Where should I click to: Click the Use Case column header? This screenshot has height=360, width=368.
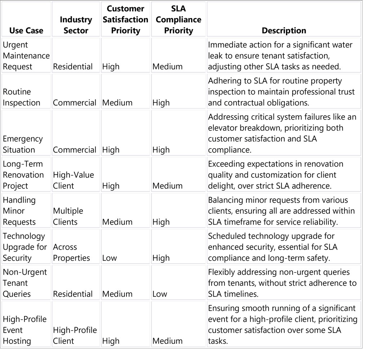click(x=26, y=31)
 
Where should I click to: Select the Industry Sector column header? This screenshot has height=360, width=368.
click(x=76, y=25)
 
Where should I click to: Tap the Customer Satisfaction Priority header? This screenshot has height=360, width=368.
click(x=125, y=19)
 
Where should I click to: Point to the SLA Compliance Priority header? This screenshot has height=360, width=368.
click(x=178, y=19)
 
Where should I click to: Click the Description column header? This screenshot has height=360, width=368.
click(x=284, y=31)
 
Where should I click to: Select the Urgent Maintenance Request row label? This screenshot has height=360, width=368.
click(x=26, y=56)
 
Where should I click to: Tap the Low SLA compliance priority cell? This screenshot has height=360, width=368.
click(x=160, y=294)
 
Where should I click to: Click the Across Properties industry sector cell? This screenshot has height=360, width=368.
click(x=71, y=252)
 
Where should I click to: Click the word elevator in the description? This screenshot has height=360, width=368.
click(x=223, y=128)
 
